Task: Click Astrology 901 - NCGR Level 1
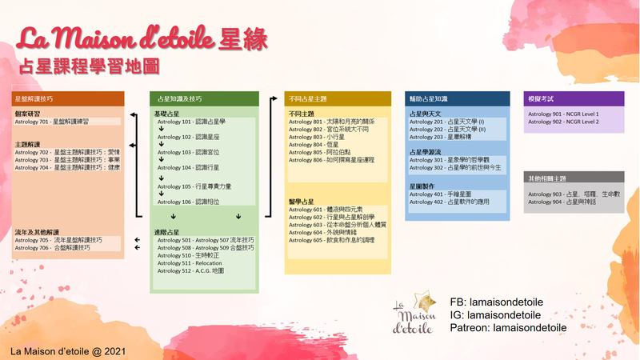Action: click(563, 114)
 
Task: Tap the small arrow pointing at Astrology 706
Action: click(137, 248)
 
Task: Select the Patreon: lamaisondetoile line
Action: click(508, 327)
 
